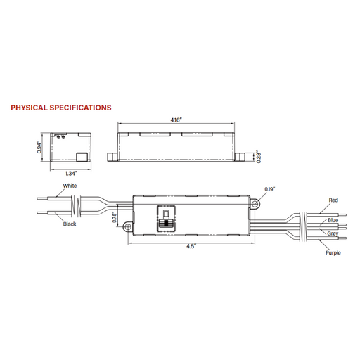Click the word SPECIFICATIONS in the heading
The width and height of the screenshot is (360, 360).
[81, 108]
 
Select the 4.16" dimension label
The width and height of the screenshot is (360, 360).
[178, 120]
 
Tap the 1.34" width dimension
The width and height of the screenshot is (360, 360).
[70, 174]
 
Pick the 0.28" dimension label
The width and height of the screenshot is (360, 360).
[259, 157]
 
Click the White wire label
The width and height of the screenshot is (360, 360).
[70, 186]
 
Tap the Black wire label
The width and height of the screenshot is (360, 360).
[70, 224]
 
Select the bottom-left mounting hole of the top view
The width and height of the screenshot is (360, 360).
[128, 226]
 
